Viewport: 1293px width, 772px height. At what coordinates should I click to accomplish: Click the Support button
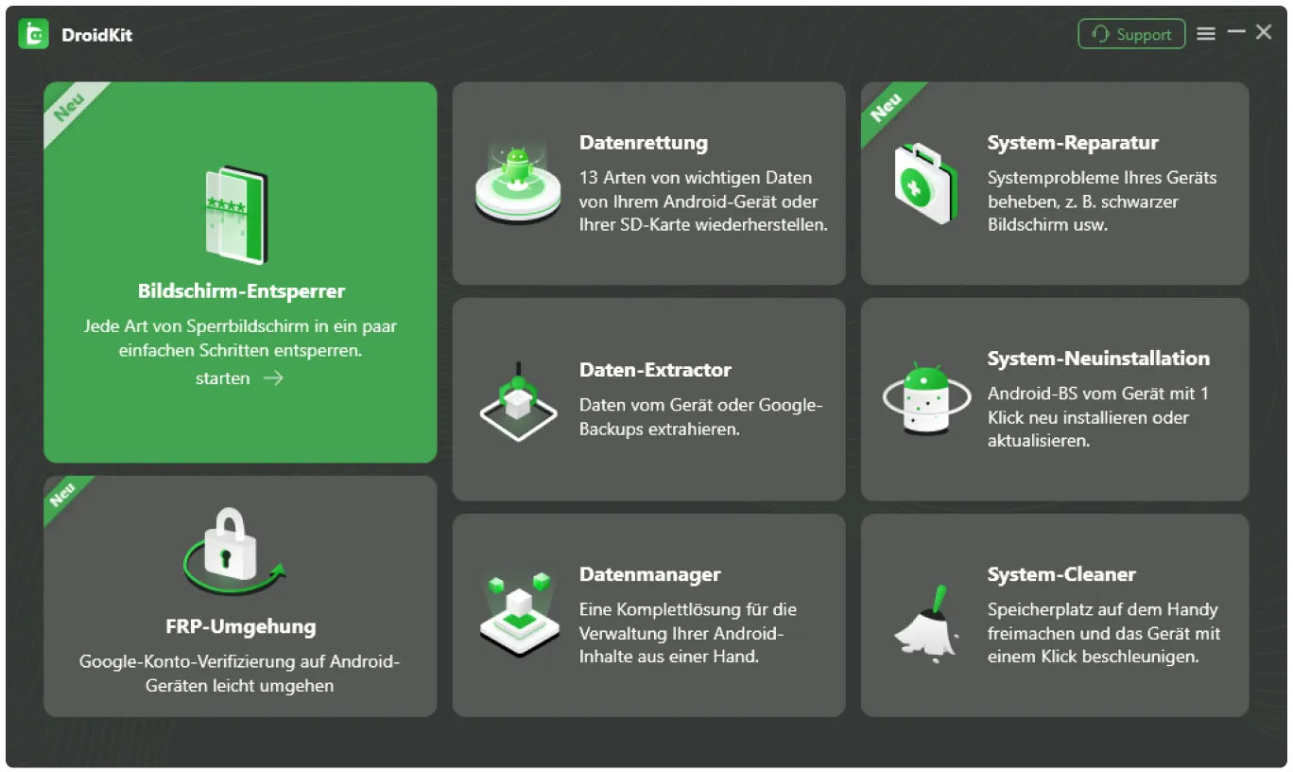tap(1131, 34)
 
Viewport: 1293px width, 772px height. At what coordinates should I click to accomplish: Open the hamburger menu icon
tap(1206, 34)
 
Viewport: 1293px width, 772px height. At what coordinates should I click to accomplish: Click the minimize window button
tap(1236, 32)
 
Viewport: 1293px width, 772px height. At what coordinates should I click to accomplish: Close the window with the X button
tap(1264, 32)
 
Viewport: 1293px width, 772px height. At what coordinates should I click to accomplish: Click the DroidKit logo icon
tap(33, 35)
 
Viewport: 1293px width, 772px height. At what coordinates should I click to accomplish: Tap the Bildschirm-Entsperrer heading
tap(241, 291)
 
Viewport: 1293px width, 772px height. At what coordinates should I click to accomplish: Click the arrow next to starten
tap(273, 378)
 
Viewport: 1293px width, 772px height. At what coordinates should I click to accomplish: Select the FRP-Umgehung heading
tap(240, 626)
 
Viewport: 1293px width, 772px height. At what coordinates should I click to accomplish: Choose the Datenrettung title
tap(643, 143)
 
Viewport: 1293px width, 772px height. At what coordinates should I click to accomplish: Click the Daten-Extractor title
tap(655, 370)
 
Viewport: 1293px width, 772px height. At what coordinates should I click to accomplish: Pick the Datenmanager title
tap(649, 574)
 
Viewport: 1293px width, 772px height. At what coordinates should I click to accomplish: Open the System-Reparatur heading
tap(1072, 143)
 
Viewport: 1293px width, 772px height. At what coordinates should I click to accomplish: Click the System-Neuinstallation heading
tap(1098, 359)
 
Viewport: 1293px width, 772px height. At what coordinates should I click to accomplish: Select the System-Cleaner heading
tap(1060, 574)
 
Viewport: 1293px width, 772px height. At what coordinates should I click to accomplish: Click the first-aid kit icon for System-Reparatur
tap(925, 184)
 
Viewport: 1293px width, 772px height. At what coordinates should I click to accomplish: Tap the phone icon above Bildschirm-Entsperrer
tap(236, 215)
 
